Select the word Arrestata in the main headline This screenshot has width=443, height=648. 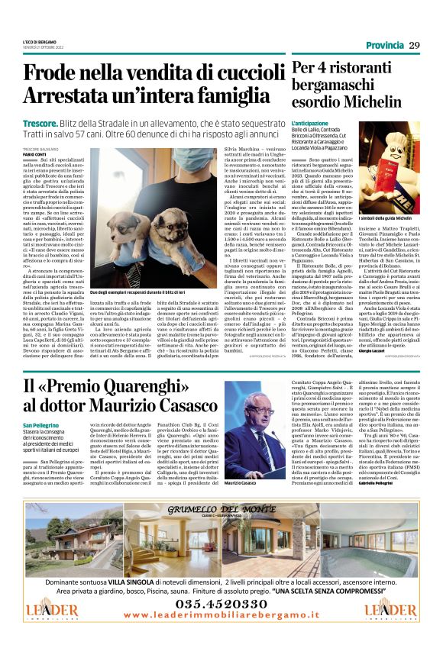click(79, 97)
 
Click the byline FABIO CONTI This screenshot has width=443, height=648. click(35, 153)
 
